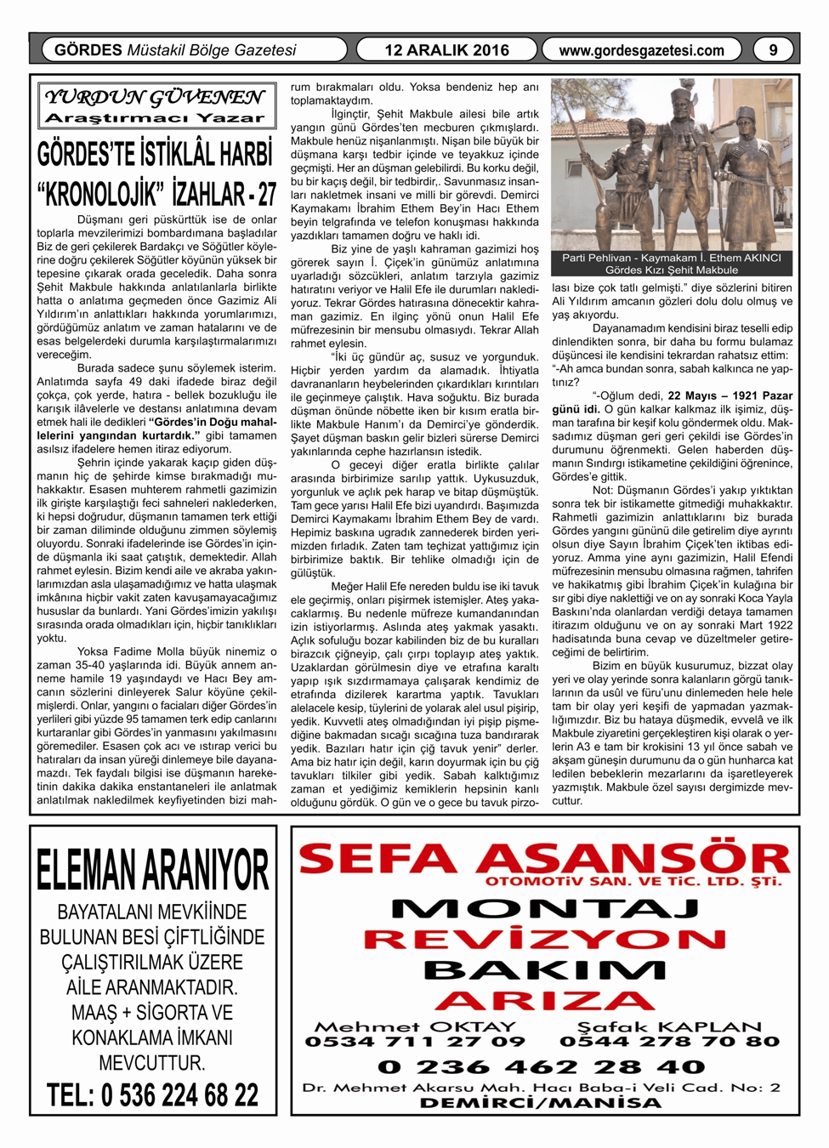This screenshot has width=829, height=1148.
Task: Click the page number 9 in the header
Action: [772, 50]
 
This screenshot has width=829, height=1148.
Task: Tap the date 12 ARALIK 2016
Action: [446, 50]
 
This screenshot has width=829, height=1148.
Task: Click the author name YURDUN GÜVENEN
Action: [154, 97]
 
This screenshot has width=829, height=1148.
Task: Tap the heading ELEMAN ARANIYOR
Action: [153, 870]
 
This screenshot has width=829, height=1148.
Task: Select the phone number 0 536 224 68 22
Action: [153, 1094]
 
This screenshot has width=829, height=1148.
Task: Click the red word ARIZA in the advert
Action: [545, 1001]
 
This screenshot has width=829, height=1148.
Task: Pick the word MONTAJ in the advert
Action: [545, 909]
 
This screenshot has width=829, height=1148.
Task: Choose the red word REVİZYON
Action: [545, 940]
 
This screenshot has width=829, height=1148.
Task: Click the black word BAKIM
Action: [545, 970]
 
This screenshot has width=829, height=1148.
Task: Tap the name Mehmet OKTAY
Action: [415, 1026]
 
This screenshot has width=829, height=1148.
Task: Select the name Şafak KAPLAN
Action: [669, 1026]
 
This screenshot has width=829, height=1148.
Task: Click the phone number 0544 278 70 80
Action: [669, 1042]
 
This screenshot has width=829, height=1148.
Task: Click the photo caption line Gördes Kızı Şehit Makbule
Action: [671, 270]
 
